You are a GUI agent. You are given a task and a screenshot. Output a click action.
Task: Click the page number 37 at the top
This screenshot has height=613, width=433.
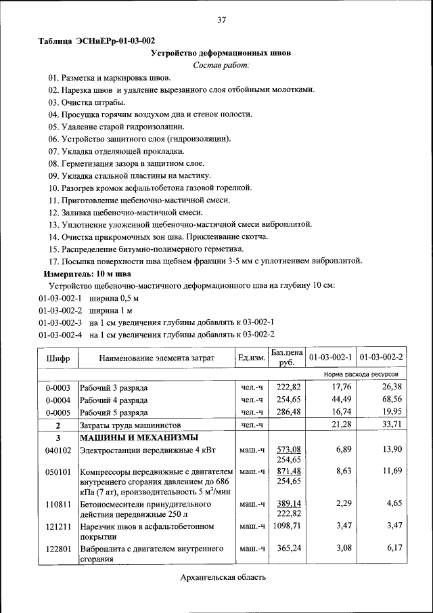tap(221, 20)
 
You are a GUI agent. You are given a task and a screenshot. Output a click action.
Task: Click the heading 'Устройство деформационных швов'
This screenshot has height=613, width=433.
tap(221, 53)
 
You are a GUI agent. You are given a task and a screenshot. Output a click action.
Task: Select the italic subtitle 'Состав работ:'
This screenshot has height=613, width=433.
tap(221, 65)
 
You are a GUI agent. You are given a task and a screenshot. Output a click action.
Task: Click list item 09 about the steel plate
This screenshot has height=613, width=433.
tap(129, 176)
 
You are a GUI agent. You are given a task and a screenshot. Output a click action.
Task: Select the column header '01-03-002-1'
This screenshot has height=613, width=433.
tap(331, 357)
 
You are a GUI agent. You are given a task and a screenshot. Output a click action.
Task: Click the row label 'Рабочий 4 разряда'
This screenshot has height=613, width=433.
tap(114, 400)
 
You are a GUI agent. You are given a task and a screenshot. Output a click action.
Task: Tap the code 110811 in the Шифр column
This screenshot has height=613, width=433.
tap(58, 505)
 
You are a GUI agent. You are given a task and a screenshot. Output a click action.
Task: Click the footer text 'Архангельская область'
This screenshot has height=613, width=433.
tap(223, 577)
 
